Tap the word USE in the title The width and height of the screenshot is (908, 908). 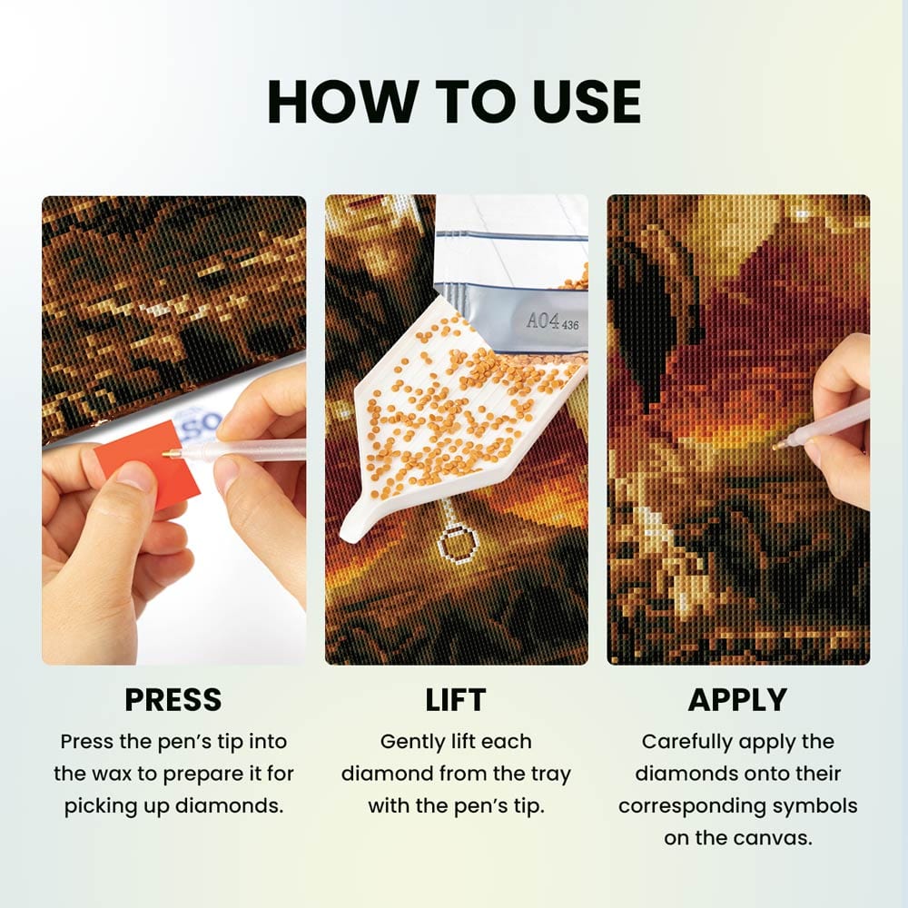pos(586,102)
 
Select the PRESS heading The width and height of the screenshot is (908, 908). pos(173,699)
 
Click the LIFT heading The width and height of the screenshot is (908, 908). pos(455,699)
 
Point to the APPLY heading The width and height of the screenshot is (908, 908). pos(737,699)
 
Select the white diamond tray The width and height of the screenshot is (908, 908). pos(458,417)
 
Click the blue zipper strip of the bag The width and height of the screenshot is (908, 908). pos(512,234)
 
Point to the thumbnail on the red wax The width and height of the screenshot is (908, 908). pos(134,476)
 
